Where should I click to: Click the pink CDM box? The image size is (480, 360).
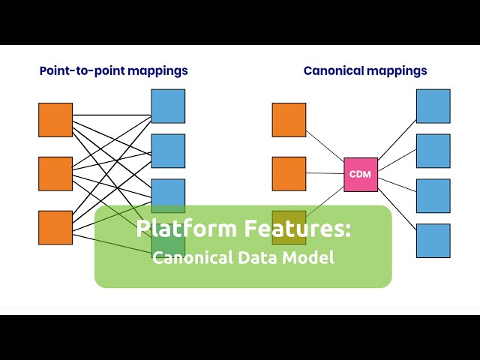(361, 175)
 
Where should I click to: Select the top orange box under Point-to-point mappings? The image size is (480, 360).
(55, 120)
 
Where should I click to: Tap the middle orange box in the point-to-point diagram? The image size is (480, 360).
(55, 174)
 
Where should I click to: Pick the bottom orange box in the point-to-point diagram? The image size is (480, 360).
(55, 227)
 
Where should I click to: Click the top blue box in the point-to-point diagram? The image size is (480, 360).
(168, 106)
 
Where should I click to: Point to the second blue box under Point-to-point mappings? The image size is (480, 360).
(168, 151)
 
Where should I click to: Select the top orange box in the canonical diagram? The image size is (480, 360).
(289, 120)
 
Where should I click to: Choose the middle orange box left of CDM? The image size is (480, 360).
(289, 174)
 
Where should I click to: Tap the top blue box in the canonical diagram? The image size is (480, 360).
(433, 106)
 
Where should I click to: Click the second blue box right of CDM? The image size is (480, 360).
(433, 151)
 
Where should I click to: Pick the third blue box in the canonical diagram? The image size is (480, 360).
(433, 196)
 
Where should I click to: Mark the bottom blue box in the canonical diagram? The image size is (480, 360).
(433, 240)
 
